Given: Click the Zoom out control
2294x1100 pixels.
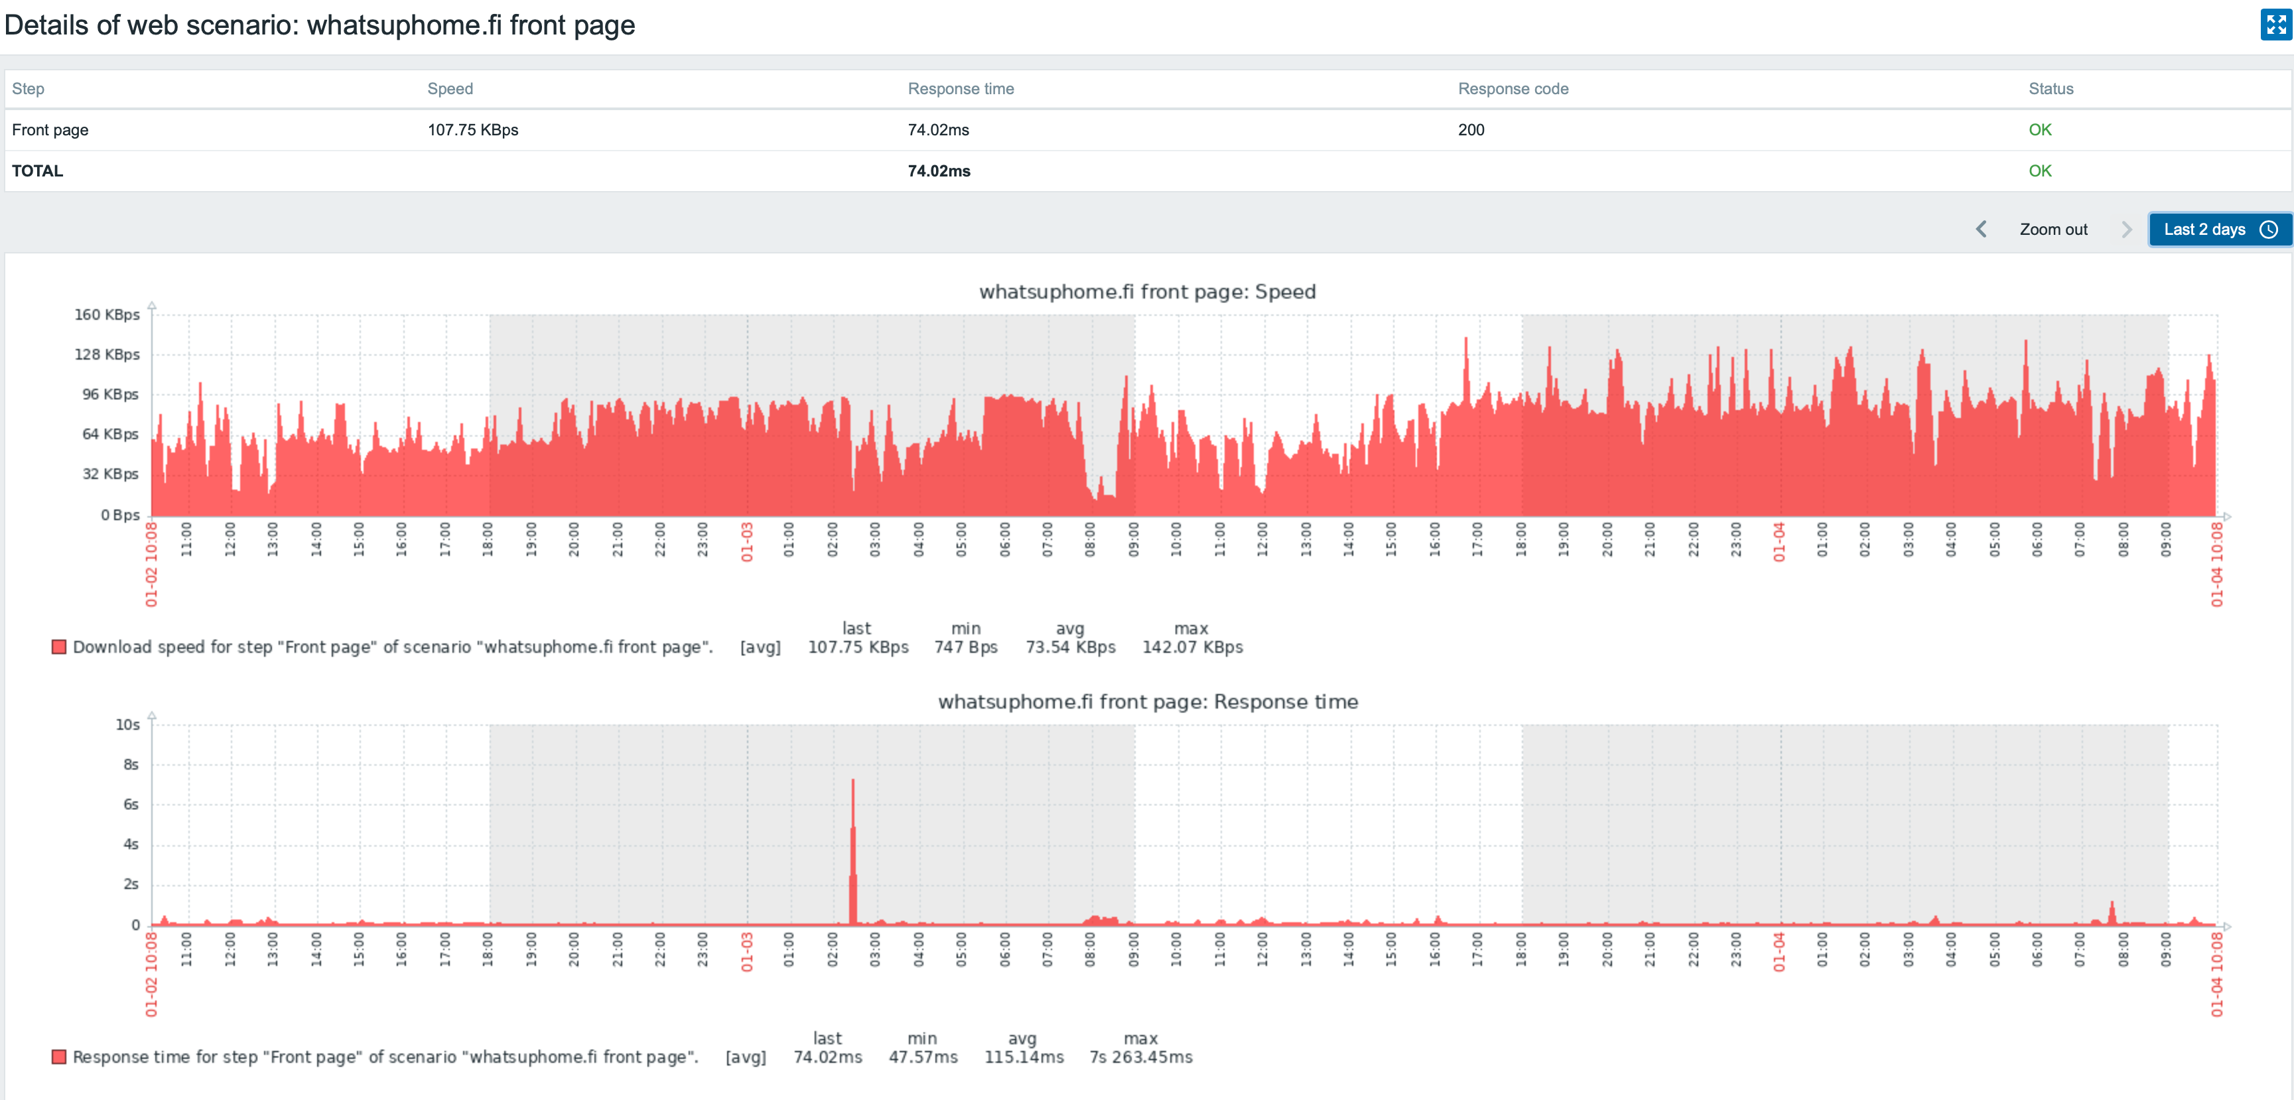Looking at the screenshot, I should click(2053, 230).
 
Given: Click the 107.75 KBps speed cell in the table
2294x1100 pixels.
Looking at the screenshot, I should click(473, 130).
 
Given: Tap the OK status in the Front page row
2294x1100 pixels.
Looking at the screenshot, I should click(2039, 130).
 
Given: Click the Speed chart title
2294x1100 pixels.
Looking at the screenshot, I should click(1147, 292).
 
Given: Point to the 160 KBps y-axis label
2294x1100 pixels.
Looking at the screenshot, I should click(107, 314).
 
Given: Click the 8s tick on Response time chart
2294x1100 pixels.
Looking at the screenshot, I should click(131, 764).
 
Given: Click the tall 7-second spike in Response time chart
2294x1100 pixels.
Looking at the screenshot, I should click(853, 837).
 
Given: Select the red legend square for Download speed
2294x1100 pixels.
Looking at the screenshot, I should click(59, 648).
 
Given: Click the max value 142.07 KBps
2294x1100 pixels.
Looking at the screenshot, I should click(1191, 648).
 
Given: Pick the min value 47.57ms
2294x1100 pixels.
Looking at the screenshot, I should click(923, 1058).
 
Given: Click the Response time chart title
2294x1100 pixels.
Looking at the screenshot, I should click(1147, 702).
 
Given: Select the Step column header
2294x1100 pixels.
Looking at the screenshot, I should click(28, 89).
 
